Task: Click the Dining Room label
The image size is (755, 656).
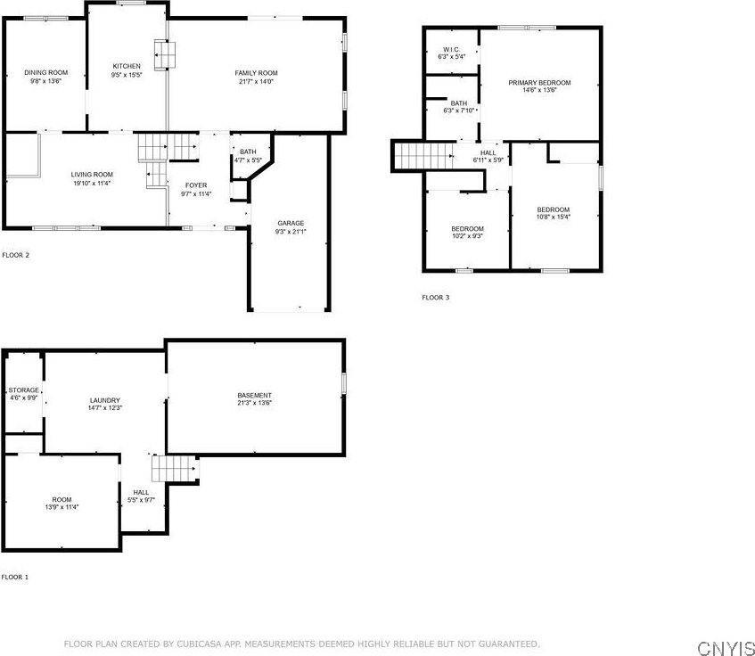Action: pos(46,72)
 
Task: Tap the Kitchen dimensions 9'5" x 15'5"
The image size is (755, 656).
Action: pos(127,76)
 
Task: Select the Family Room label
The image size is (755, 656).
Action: pos(257,72)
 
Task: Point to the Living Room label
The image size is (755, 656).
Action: pos(92,174)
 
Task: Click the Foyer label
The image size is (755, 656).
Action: pos(196,185)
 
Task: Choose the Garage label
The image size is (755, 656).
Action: pos(291,223)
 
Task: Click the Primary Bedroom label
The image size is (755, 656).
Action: pos(539,83)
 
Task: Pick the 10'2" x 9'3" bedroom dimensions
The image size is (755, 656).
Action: pos(467,236)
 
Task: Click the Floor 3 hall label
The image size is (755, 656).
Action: pos(488,152)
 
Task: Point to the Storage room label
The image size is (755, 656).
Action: pos(24,390)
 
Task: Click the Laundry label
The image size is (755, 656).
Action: pos(104,400)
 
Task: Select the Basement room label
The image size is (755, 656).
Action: pos(254,395)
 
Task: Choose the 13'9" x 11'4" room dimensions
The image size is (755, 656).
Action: pos(62,507)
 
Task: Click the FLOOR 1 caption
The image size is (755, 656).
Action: pos(15,577)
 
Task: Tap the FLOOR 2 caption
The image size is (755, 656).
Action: pos(15,255)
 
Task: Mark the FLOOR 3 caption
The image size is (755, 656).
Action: pos(435,297)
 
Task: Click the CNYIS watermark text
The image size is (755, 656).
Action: pos(726,646)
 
